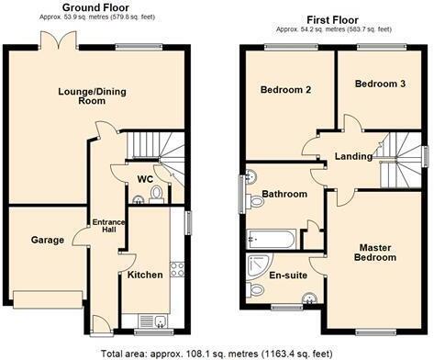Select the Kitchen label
point(145,275)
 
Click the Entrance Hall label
point(101,227)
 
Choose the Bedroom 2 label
point(284,90)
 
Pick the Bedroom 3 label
point(379,84)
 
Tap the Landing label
point(351,155)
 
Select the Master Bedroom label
point(376,253)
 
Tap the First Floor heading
point(332,18)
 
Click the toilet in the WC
point(156,193)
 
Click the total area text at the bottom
point(217,352)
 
